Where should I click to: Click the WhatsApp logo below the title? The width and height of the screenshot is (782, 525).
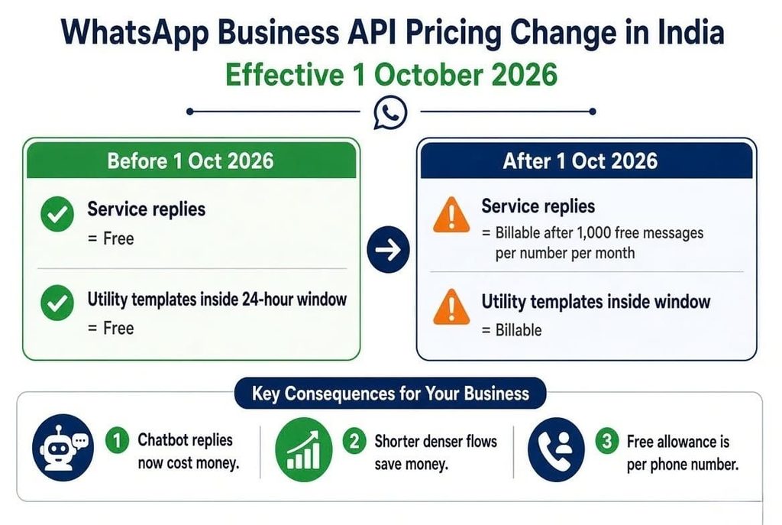390,112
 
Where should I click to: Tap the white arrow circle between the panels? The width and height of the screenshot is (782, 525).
388,250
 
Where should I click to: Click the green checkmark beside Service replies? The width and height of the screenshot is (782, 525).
57,214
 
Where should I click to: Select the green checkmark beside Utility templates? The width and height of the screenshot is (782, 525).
57,303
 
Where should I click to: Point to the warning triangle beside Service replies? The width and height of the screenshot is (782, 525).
451,215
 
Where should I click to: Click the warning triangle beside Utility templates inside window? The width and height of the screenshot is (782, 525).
451,307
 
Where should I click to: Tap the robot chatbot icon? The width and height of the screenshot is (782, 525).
63,448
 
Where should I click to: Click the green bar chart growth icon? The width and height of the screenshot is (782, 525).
304,449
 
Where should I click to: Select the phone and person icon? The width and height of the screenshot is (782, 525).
556,449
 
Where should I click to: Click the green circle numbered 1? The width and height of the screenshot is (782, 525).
117,441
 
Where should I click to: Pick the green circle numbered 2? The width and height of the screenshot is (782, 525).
354,441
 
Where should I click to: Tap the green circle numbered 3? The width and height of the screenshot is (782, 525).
607,441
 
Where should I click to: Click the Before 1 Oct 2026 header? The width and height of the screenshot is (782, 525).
191,160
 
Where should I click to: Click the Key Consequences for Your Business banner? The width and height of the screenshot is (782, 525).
390,394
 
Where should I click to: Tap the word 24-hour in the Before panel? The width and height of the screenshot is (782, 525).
267,299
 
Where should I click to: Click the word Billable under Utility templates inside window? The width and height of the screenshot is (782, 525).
519,330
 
